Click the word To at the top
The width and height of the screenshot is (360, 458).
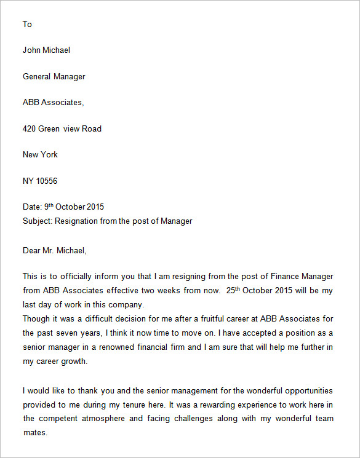click(x=27, y=25)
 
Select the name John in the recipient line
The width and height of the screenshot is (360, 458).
click(x=31, y=50)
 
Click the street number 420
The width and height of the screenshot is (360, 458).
click(x=30, y=129)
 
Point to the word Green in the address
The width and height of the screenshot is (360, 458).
click(x=49, y=129)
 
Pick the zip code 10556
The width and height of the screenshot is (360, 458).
click(x=47, y=181)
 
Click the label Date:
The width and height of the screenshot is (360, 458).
click(x=32, y=207)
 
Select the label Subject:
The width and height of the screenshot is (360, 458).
click(x=38, y=221)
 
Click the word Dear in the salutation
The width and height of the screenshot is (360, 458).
click(x=32, y=250)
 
